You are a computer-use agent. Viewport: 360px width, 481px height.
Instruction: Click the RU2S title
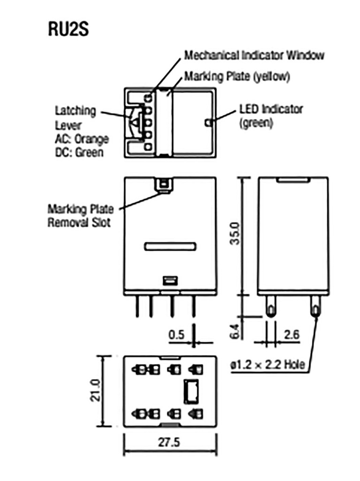[68, 29]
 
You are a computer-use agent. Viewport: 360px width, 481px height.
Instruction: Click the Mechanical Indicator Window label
[254, 55]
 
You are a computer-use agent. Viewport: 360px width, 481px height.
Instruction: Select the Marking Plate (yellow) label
[237, 76]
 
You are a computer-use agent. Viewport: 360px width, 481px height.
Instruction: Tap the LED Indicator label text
[271, 109]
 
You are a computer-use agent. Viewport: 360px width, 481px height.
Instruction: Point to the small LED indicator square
[208, 123]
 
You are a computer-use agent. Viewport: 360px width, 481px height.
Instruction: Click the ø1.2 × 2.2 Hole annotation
[267, 365]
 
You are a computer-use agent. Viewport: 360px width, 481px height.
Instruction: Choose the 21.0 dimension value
[96, 390]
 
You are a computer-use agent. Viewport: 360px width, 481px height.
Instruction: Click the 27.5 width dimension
[169, 442]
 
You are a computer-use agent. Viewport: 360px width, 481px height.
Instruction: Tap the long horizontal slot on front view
[169, 246]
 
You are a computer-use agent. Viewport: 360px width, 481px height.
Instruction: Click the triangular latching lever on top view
[135, 123]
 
